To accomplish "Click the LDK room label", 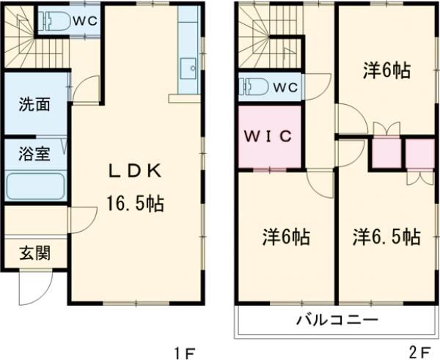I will click(135, 172).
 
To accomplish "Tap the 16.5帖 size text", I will click(134, 204).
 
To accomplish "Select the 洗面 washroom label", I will click(34, 106).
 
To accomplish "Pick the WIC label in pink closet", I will click(268, 136).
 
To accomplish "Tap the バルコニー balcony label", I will click(337, 320).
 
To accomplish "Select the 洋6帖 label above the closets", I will click(386, 72).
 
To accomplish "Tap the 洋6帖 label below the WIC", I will click(286, 238).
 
